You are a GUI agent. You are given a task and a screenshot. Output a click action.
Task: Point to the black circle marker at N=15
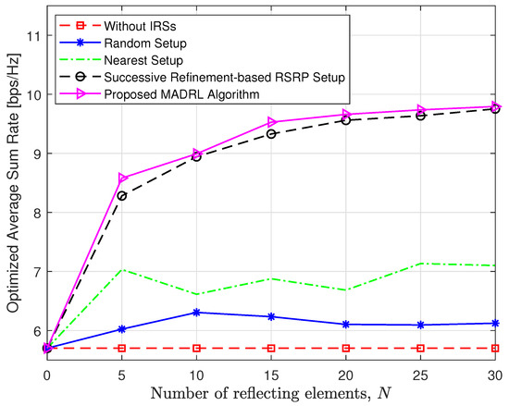[272, 133]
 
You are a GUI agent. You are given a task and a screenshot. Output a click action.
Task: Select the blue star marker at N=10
[197, 313]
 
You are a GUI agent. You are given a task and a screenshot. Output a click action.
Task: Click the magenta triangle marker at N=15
[272, 122]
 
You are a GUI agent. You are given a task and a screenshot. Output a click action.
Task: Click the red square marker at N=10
[197, 349]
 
